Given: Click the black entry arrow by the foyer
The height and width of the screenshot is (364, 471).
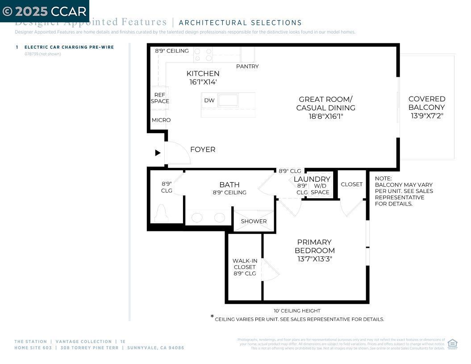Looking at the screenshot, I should tap(158, 153).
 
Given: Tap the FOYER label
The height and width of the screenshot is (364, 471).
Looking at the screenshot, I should tap(203, 150).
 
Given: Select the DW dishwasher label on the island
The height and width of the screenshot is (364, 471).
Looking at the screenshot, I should tap(209, 100).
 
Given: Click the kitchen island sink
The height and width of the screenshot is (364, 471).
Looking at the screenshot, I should tap(228, 100).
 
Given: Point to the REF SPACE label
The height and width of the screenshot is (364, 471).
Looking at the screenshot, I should tap(160, 98).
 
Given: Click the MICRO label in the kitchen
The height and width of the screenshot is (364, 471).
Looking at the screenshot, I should tap(161, 120).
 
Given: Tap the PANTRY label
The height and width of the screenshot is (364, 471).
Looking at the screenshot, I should tap(247, 67).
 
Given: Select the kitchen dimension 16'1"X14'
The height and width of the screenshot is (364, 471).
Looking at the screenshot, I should tap(203, 82).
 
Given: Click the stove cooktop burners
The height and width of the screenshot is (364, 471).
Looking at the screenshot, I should tap(203, 54).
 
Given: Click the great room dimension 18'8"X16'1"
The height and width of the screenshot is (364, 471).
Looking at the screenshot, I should tap(326, 116).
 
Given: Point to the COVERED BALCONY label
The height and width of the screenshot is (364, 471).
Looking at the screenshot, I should tap(427, 103).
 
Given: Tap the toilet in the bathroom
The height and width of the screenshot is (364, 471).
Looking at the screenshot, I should tap(162, 214).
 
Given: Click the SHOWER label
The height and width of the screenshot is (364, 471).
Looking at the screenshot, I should tap(254, 221).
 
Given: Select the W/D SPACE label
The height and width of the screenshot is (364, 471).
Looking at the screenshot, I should tap(320, 189).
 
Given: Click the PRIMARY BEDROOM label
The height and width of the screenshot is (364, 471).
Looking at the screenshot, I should tap(314, 246).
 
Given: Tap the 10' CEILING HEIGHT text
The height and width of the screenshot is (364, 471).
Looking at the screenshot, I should tap(297, 311).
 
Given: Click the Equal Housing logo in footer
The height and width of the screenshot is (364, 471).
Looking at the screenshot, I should tap(452, 343).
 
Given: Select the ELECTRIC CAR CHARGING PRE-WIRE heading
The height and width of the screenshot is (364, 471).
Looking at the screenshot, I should tap(69, 47).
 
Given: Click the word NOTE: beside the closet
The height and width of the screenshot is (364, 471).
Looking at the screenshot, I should tap(383, 179).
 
